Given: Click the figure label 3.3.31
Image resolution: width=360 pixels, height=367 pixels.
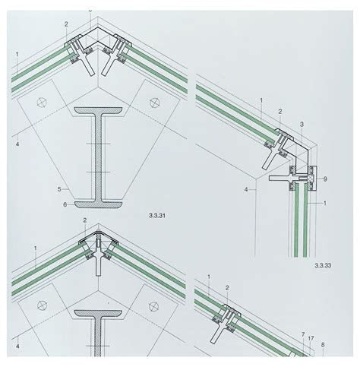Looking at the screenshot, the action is point(157,216).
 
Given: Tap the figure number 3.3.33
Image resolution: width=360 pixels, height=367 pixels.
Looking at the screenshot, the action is point(323,265).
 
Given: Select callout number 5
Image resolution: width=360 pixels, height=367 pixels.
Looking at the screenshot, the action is point(59,189).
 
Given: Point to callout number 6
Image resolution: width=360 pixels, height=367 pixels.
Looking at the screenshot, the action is point(65,204).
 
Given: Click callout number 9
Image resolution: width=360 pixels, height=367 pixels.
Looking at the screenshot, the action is point(325,179).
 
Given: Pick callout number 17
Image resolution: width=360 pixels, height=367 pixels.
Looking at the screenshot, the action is point(311,338).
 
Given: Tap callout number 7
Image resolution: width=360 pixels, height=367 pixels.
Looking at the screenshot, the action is point(303,335).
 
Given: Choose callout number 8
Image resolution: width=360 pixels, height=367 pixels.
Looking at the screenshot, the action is point(323,345).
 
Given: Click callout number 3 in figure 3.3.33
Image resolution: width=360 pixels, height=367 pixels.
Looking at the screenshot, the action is point(302,125).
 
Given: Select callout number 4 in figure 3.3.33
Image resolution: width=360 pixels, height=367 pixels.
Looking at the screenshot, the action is point(246,189).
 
